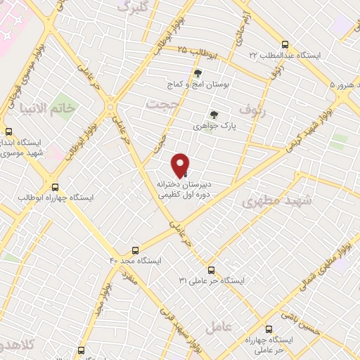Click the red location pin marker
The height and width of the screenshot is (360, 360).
(x=180, y=165)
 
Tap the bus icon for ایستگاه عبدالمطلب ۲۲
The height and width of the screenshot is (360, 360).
(x=284, y=44)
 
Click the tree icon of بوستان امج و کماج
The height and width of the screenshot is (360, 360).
(x=198, y=72)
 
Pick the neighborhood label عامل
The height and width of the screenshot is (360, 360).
(x=218, y=327)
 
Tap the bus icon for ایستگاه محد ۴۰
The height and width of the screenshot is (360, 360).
(x=135, y=250)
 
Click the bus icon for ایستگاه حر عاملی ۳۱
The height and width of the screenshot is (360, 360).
(x=211, y=269)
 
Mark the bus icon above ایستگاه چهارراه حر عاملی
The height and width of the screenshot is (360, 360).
(x=269, y=328)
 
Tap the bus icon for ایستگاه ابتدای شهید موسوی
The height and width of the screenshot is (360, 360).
(x=9, y=131)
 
